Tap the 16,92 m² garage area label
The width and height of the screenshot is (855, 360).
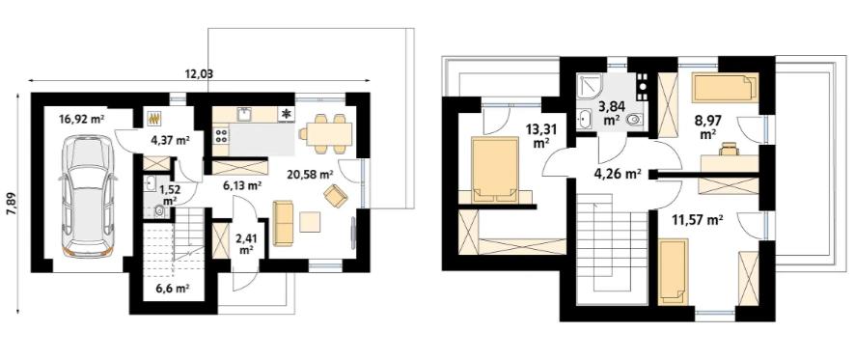coord(81,120)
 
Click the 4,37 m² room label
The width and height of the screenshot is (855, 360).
coord(169,140)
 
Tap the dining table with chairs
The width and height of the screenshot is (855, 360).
coord(325,131)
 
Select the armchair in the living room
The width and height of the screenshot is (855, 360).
coord(336,197)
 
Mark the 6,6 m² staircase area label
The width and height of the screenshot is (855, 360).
coord(173,288)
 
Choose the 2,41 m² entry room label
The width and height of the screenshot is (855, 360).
coord(246,242)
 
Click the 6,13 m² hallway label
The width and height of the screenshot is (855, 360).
coord(242,184)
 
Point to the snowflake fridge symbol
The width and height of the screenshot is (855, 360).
coord(286,115)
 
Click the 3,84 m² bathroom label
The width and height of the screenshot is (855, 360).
coord(610,113)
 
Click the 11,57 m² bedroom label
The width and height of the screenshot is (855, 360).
coord(696,220)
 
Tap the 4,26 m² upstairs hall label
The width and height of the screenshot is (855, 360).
coord(617,175)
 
